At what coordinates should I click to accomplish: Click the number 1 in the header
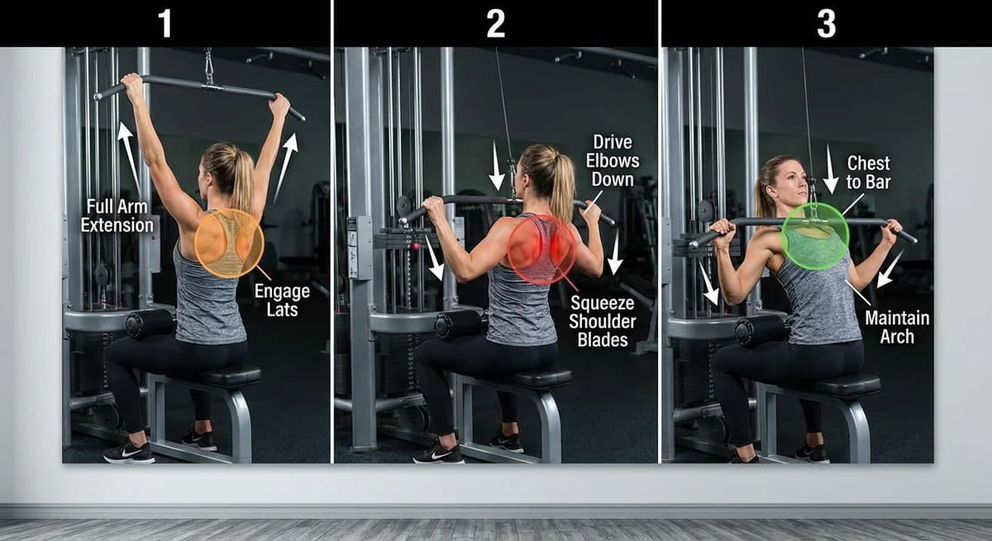point(165,23)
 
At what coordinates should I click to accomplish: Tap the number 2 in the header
point(495,23)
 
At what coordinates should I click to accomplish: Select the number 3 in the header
point(826,23)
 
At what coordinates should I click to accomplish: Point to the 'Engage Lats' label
point(282,301)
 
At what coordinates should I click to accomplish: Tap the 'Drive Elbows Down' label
point(613,161)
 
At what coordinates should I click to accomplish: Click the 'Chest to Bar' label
point(869,173)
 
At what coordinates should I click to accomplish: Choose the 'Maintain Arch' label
point(897,327)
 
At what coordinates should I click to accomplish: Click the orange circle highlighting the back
point(229,243)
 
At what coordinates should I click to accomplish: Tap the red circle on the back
point(541,249)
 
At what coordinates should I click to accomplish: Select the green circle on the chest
point(814,236)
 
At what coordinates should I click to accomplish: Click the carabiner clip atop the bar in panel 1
point(209,66)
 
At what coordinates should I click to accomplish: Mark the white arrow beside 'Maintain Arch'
point(890,268)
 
